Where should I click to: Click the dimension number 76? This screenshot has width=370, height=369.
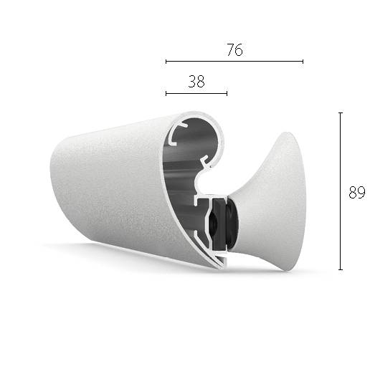click(234, 49)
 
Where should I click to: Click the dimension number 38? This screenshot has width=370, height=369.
click(196, 82)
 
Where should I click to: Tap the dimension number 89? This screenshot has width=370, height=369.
click(356, 192)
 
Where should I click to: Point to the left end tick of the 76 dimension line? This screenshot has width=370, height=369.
click(166, 62)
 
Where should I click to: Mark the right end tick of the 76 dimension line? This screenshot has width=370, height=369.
click(303, 62)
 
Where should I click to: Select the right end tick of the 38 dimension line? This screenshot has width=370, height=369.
click(227, 93)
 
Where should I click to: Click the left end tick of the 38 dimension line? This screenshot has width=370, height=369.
click(166, 93)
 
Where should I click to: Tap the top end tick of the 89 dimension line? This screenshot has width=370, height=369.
click(340, 112)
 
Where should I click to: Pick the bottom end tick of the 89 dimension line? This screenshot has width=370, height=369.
click(340, 269)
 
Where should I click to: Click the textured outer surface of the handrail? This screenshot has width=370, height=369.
click(108, 186)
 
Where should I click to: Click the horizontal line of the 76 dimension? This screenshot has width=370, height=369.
click(272, 62)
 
